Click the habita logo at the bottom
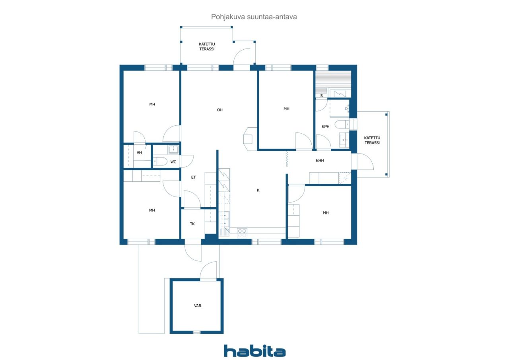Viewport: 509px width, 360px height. [x=254, y=351]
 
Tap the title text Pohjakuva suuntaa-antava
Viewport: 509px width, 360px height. [x=254, y=17]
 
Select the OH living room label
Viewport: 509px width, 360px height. [x=220, y=110]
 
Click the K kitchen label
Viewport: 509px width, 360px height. [x=258, y=190]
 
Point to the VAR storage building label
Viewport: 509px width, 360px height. [x=198, y=306]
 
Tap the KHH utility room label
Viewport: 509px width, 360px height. [x=320, y=161]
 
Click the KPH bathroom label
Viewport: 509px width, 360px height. [x=326, y=126]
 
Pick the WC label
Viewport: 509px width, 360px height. [x=173, y=162]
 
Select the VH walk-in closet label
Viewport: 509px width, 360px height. [x=139, y=153]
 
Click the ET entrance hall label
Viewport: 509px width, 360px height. [x=193, y=177]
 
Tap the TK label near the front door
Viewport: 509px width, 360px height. [x=192, y=224]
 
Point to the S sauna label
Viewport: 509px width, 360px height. [x=322, y=96]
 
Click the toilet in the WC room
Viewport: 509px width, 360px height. [x=160, y=162]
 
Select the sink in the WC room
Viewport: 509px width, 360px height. [x=174, y=149]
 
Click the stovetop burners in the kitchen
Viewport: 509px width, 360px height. [x=242, y=233]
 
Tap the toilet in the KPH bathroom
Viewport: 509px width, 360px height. [x=342, y=125]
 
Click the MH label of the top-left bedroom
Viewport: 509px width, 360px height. [x=152, y=104]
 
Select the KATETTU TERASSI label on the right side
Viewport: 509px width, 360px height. [x=372, y=140]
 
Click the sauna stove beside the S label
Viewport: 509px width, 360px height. [x=340, y=93]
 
